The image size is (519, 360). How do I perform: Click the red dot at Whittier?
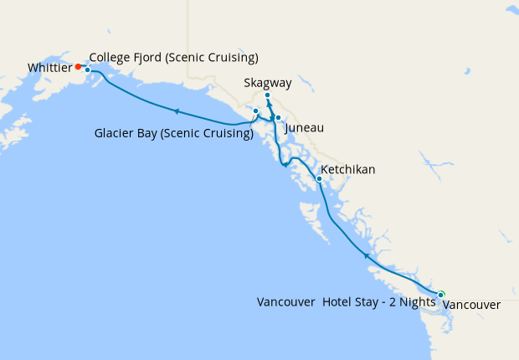point(78,66)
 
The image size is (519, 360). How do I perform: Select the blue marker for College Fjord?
point(87,70)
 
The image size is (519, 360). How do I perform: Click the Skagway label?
point(268,83)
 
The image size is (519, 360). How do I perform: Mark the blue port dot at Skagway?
point(267,95)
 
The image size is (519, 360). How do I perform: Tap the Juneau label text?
point(304,128)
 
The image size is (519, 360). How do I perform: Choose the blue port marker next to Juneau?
point(278,118)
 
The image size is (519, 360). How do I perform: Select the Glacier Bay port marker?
point(255,111)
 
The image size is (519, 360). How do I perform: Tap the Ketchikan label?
point(347,170)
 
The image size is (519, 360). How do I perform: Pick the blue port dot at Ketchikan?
point(319,179)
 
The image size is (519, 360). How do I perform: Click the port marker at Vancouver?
point(441,293)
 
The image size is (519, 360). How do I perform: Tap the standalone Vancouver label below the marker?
point(470,306)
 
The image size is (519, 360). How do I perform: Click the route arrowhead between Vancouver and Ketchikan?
point(365,255)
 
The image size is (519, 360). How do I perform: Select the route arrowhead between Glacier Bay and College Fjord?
point(177,111)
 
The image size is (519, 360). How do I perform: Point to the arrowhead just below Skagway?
point(270,105)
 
